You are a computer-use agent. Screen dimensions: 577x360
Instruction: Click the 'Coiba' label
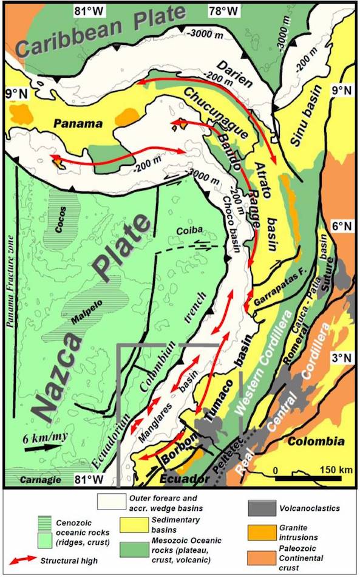pyautogui.click(x=184, y=230)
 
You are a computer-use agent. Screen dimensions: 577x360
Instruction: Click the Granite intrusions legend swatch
pyautogui.click(x=263, y=530)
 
